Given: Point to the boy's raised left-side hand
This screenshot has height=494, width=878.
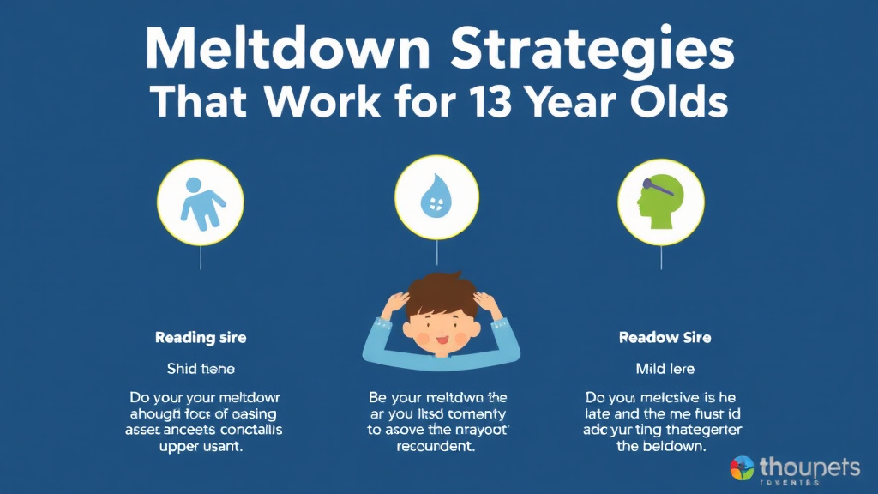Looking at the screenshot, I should (396, 304).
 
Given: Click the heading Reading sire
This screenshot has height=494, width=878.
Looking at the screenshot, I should (201, 338).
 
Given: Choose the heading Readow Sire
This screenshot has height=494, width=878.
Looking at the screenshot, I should (665, 338).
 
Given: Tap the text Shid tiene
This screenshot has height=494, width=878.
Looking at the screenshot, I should (201, 369).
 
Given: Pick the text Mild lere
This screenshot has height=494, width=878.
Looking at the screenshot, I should (665, 369).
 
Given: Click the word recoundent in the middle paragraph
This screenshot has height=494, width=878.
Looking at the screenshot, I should (437, 448).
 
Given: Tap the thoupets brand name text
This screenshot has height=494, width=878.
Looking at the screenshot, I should (810, 467).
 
